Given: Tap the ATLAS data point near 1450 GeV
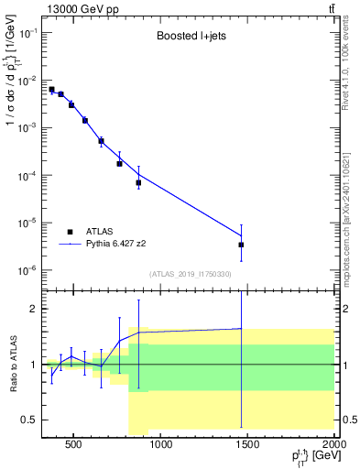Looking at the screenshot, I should pos(241,245).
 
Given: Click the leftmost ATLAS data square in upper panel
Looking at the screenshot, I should pos(51,90).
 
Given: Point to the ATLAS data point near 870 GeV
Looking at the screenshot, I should pos(138,182).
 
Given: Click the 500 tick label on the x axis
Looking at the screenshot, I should pos(74,446).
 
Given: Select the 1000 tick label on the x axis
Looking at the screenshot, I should pos(161,446).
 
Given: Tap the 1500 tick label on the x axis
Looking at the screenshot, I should pos(248,446).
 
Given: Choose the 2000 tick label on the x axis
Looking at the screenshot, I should pos(334,446).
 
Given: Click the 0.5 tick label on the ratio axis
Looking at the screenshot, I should pos(29,420).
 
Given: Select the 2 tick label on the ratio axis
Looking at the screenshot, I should pos(34,309).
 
